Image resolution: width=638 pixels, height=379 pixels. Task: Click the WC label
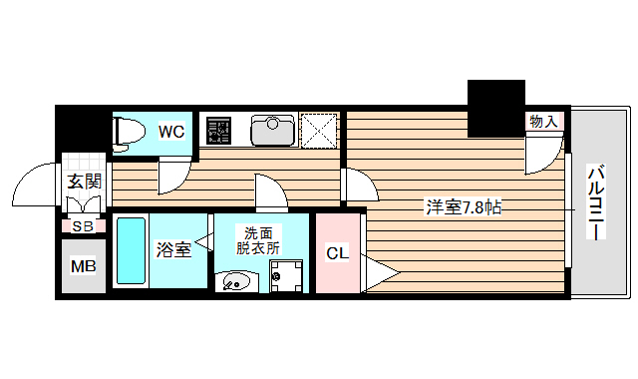tap(171, 131)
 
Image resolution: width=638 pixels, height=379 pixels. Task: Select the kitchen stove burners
tap(217, 130)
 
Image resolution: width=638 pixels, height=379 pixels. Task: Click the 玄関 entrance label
tap(85, 182)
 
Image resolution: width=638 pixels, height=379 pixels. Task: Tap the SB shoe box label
tap(83, 226)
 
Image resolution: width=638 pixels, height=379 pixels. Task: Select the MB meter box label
tap(82, 266)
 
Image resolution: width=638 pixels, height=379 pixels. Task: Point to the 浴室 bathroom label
tap(173, 249)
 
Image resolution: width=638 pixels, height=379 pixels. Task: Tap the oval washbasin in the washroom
tap(235, 281)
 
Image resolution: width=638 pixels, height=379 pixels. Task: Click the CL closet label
tap(338, 253)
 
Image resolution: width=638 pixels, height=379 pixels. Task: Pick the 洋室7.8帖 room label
tap(464, 207)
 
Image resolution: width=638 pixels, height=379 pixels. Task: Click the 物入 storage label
tap(543, 122)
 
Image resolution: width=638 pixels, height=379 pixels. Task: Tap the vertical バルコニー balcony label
tap(596, 202)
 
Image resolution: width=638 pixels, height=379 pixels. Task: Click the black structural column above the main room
tap(496, 108)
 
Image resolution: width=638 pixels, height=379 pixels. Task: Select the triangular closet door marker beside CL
tap(378, 271)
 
